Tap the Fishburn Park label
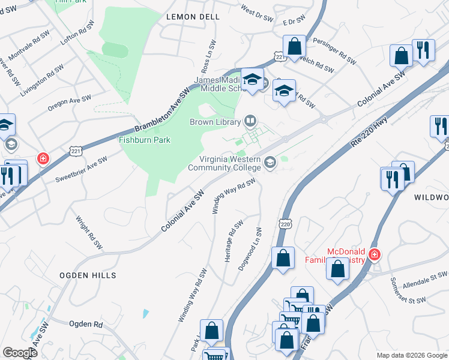(145, 140)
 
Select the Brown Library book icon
(250, 121)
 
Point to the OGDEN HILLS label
(88, 275)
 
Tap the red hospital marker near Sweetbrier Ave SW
(43, 159)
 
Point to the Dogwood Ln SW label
(251, 248)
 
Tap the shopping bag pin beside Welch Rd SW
(295, 46)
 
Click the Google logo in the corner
(20, 352)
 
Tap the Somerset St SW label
(408, 292)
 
